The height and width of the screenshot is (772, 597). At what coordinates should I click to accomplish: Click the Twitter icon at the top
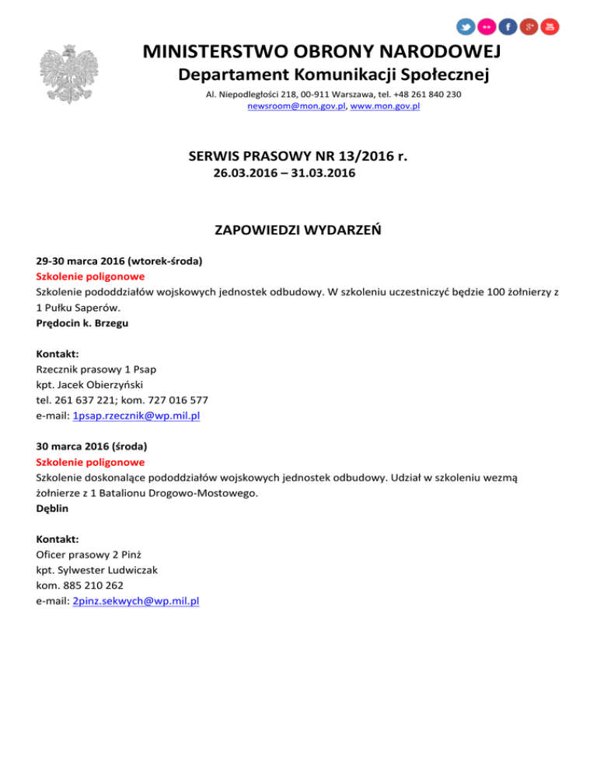point(466,26)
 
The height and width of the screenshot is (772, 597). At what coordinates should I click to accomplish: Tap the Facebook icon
point(508,26)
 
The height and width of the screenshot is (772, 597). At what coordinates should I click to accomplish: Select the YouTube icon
point(550,26)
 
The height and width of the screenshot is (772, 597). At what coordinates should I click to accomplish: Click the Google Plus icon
point(529,26)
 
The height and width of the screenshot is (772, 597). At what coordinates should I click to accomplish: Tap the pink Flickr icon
point(487,26)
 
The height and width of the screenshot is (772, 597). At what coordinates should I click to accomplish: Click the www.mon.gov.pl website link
point(385,106)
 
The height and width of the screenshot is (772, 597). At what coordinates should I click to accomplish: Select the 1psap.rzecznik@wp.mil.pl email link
point(136,416)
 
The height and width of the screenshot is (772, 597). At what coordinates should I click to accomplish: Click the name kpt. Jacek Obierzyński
point(90,384)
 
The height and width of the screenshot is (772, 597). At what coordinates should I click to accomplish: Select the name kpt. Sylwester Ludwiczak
point(97,569)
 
